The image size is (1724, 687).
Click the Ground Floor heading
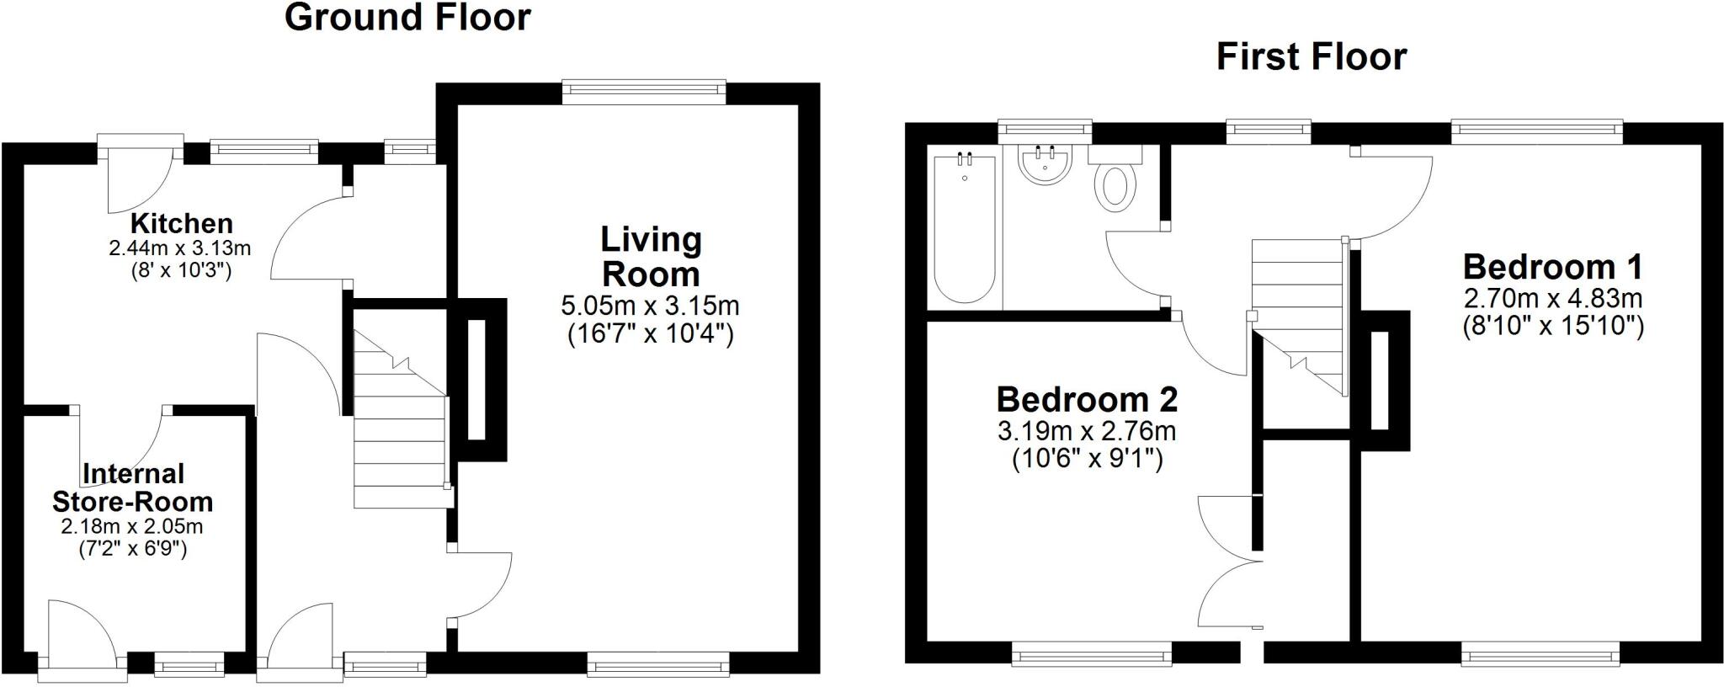pyautogui.click(x=407, y=18)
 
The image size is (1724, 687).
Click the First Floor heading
pyautogui.click(x=1311, y=57)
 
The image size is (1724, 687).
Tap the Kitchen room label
pyautogui.click(x=181, y=224)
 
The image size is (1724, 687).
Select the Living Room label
pyautogui.click(x=651, y=257)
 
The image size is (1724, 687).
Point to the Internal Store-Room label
pyautogui.click(x=132, y=487)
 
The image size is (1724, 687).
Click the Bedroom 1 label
pyautogui.click(x=1552, y=267)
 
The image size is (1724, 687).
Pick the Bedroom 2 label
pyautogui.click(x=1087, y=399)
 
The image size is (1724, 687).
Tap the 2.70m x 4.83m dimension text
pyautogui.click(x=1552, y=298)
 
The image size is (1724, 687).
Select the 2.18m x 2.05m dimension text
pyautogui.click(x=132, y=527)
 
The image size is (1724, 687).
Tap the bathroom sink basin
pyautogui.click(x=1044, y=166)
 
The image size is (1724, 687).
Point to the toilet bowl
pyautogui.click(x=1115, y=185)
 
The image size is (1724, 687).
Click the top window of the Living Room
pyautogui.click(x=644, y=92)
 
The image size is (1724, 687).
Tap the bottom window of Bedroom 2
pyautogui.click(x=1092, y=653)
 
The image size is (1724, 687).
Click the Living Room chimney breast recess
pyautogui.click(x=476, y=380)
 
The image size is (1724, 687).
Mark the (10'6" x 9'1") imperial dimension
pyautogui.click(x=1087, y=460)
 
